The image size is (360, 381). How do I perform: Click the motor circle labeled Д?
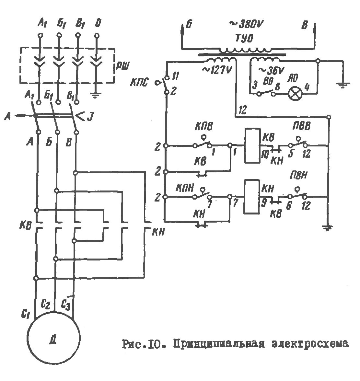(x=53, y=339)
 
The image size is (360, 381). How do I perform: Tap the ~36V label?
(x=271, y=70)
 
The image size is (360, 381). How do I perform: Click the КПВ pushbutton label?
(x=204, y=126)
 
